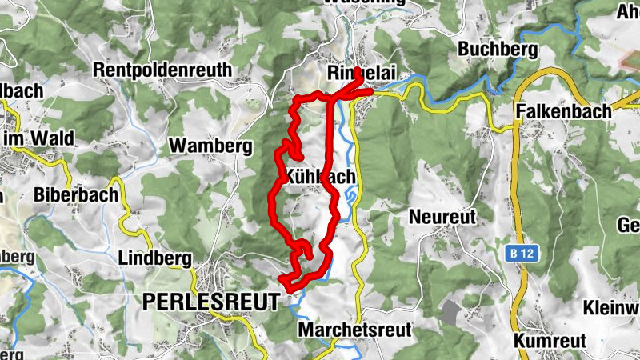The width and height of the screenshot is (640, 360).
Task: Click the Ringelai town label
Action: tap(358, 73)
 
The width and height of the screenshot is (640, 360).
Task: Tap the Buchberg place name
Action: tap(492, 48)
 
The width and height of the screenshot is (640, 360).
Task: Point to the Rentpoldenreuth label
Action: tap(162, 70)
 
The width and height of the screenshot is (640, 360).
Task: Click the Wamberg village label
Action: tap(210, 146)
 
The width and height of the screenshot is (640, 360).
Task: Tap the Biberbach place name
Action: tap(76, 194)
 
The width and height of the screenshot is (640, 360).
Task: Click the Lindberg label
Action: tap(154, 258)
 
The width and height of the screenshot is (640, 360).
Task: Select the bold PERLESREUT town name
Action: tap(211, 301)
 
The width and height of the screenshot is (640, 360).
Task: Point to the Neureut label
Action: tap(442, 216)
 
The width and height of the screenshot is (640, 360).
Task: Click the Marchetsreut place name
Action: tap(354, 330)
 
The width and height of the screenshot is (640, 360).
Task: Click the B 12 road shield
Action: tap(520, 254)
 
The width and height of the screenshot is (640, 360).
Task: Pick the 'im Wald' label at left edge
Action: tap(38, 138)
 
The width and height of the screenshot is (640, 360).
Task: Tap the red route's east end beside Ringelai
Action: tap(371, 92)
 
